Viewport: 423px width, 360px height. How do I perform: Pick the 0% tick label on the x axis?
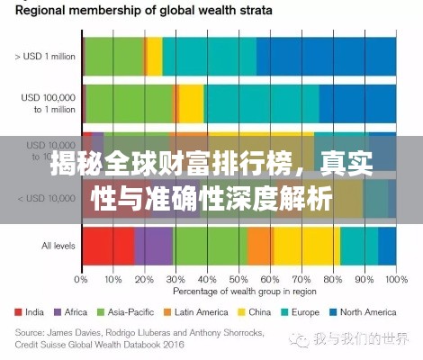pos(82,279)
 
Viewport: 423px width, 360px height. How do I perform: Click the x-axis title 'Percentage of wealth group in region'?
pos(238,292)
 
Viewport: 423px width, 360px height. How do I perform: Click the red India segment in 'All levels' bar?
pos(108,246)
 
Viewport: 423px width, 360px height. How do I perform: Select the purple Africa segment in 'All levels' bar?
pos(154,246)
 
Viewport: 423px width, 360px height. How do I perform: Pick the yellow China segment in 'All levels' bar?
pos(307,246)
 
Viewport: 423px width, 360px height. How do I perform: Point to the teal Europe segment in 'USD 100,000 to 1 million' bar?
pos(262,103)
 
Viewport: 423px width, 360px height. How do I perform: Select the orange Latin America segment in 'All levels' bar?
pos(260,246)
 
